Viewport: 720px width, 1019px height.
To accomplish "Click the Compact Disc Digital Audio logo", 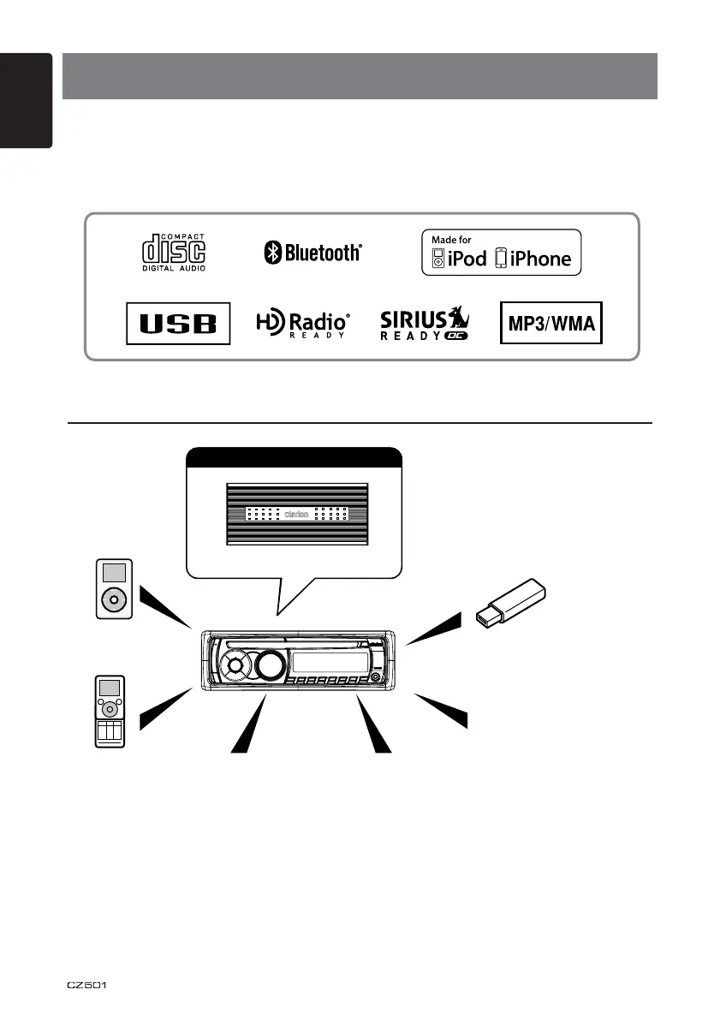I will (x=173, y=252).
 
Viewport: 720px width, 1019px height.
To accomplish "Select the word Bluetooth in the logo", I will (x=323, y=252).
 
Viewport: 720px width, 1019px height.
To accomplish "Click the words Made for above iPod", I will (x=451, y=240).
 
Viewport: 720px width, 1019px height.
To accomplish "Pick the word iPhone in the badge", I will (x=539, y=259).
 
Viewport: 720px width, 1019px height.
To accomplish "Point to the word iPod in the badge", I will (x=467, y=259).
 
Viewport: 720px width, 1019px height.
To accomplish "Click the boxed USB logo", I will (x=178, y=323).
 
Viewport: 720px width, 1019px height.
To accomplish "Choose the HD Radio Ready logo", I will (x=303, y=324).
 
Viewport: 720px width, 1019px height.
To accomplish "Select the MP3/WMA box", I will (x=551, y=323).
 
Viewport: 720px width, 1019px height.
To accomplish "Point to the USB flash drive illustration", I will (x=512, y=603).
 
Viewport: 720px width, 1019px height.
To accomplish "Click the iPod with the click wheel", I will (x=113, y=589).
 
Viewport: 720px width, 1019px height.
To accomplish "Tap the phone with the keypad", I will (x=109, y=712).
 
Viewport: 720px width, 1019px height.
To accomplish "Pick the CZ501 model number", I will (x=88, y=984).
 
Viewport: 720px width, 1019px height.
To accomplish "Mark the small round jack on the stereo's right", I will (x=375, y=679).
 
